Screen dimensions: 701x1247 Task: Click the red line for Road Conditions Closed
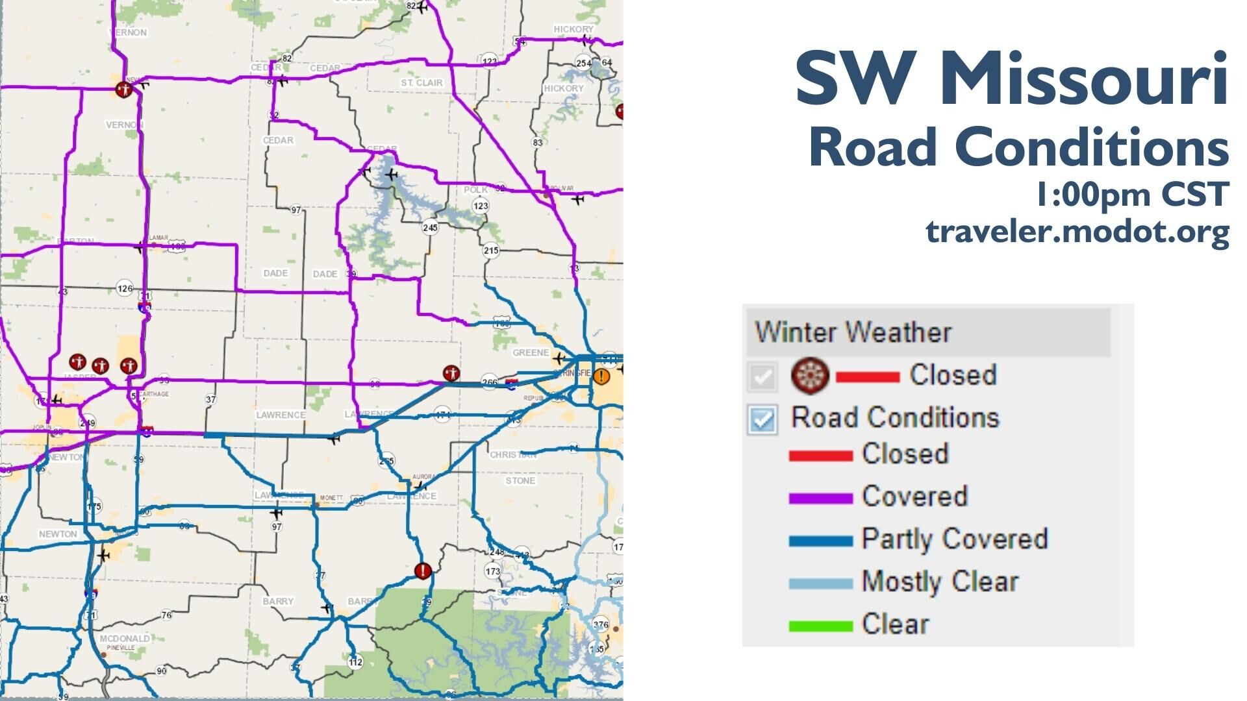820,456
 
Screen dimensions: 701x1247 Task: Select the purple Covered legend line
820,498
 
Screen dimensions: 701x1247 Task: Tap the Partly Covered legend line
820,541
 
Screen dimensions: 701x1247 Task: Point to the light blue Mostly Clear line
820,584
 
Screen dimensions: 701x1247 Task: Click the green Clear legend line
820,626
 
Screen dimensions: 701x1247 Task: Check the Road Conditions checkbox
762,419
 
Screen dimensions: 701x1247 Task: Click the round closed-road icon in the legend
810,375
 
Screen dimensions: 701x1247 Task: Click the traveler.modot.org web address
1077,231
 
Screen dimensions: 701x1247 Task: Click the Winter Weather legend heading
853,332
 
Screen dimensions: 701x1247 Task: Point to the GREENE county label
531,352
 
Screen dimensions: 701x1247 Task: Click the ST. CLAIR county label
422,83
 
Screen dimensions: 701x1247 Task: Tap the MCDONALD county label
125,639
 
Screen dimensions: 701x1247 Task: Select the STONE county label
520,481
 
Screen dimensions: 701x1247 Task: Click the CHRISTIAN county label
513,454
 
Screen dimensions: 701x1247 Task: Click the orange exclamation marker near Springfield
603,376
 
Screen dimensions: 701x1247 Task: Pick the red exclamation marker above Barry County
423,571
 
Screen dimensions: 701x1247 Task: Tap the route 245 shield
430,227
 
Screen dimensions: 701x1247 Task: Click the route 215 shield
491,251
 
